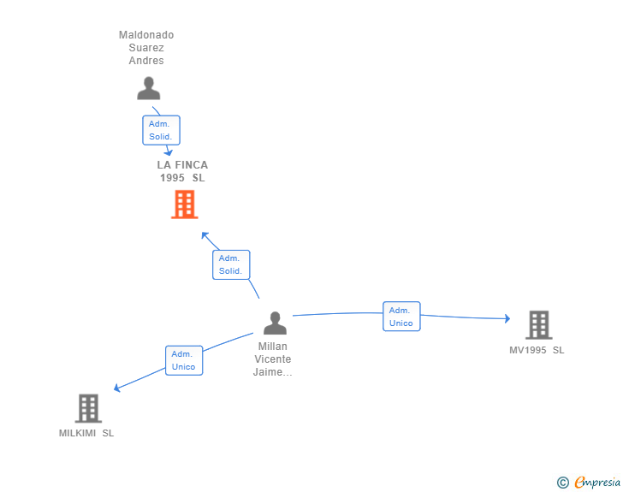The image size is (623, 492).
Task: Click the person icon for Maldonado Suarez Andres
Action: (149, 89)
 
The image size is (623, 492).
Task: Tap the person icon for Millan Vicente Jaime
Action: (275, 323)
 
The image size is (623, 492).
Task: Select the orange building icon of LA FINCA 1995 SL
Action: (184, 205)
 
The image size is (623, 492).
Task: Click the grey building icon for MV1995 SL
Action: (538, 325)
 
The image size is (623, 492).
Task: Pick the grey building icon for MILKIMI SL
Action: (88, 409)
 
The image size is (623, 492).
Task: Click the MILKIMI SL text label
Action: (86, 433)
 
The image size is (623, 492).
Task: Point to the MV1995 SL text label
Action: (537, 350)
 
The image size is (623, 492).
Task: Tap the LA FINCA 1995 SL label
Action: (182, 171)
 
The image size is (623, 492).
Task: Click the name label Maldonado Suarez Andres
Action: (146, 48)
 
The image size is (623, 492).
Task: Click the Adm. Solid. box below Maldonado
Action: (161, 130)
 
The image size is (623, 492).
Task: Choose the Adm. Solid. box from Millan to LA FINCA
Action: (231, 264)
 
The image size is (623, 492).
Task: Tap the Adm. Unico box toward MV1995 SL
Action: (401, 317)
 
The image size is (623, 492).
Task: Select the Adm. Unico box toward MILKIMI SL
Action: (183, 360)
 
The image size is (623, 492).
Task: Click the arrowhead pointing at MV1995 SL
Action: (507, 318)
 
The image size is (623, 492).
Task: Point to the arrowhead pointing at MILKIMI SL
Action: (117, 388)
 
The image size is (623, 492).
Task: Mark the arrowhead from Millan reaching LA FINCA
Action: (204, 234)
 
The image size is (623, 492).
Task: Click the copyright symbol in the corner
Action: (562, 483)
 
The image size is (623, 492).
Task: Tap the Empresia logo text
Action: (597, 483)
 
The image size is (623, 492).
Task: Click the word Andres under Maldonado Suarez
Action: (146, 61)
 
